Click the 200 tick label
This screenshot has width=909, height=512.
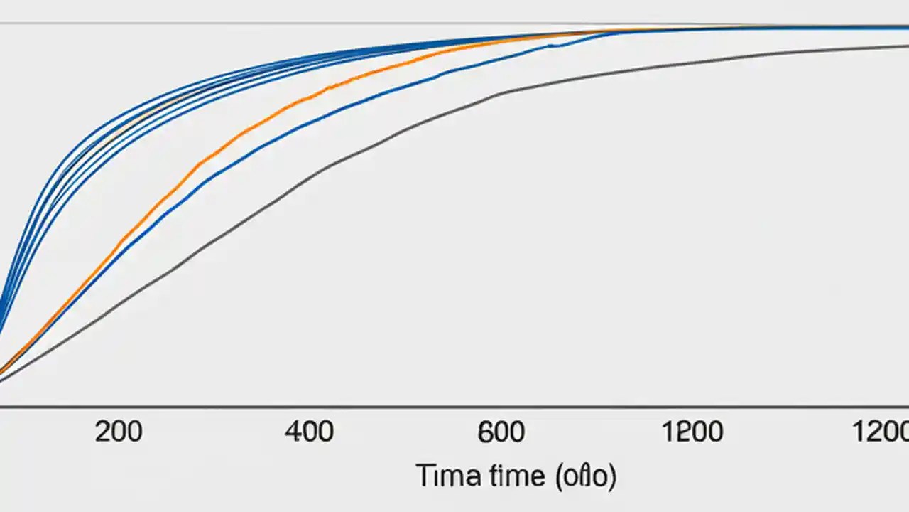pos(119,432)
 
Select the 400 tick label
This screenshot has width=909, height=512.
pos(309,432)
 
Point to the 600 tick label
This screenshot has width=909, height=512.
pos(501,432)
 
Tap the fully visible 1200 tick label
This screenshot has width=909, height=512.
pos(692,432)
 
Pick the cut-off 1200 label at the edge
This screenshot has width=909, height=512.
pos(881,432)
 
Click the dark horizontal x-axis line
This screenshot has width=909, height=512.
pos(454,407)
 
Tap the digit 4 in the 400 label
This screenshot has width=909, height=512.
pos(293,432)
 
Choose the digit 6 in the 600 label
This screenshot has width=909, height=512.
pos(486,432)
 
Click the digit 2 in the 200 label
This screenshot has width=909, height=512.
pos(103,432)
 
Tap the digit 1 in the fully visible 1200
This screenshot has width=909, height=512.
pos(668,432)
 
